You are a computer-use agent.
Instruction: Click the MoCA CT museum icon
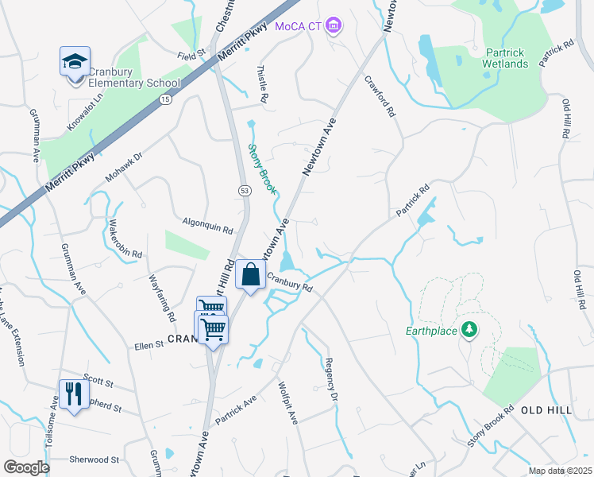[334, 26]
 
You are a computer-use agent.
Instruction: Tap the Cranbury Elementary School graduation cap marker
[74, 61]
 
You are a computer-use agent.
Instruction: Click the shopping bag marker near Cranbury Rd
[251, 275]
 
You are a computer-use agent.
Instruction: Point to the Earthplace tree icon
[469, 329]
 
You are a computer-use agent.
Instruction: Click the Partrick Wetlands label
[506, 58]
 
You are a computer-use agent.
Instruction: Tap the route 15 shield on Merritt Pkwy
[164, 99]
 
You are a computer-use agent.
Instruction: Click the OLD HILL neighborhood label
[546, 409]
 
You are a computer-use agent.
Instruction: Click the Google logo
[26, 467]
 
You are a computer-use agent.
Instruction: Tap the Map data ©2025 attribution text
[560, 471]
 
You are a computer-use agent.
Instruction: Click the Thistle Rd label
[263, 83]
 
